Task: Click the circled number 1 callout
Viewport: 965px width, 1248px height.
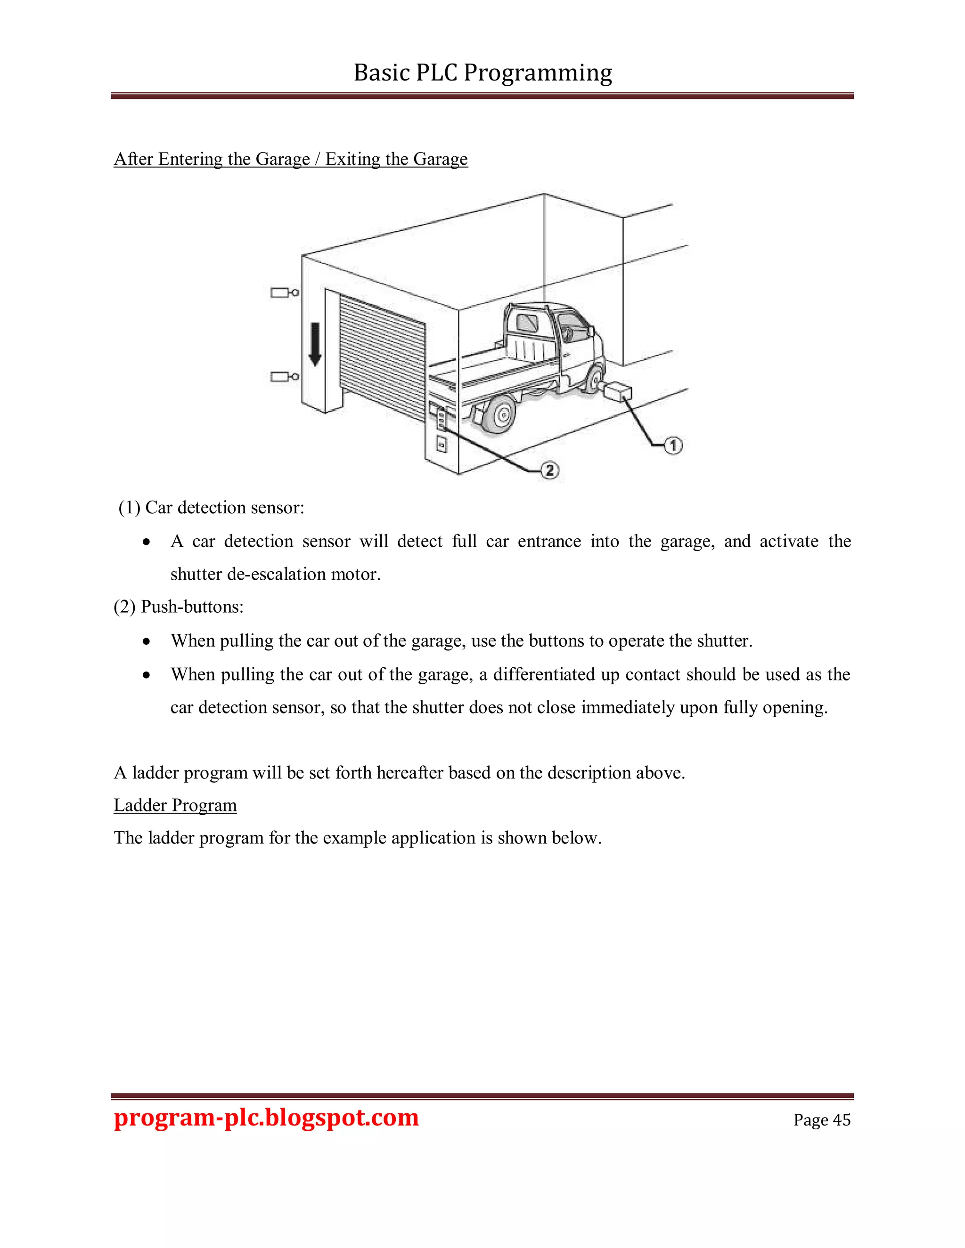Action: point(673,445)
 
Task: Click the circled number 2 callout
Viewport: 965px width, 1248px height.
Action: point(549,470)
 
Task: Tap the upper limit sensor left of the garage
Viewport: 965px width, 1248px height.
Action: point(284,293)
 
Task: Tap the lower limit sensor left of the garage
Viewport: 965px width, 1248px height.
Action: point(284,377)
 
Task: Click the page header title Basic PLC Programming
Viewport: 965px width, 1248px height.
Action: point(482,73)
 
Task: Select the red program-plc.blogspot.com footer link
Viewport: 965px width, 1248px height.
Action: point(266,1117)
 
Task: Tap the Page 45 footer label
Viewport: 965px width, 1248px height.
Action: point(821,1119)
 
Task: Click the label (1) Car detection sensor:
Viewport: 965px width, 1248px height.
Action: point(211,507)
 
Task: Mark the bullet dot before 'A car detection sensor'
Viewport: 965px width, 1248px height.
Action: point(147,542)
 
